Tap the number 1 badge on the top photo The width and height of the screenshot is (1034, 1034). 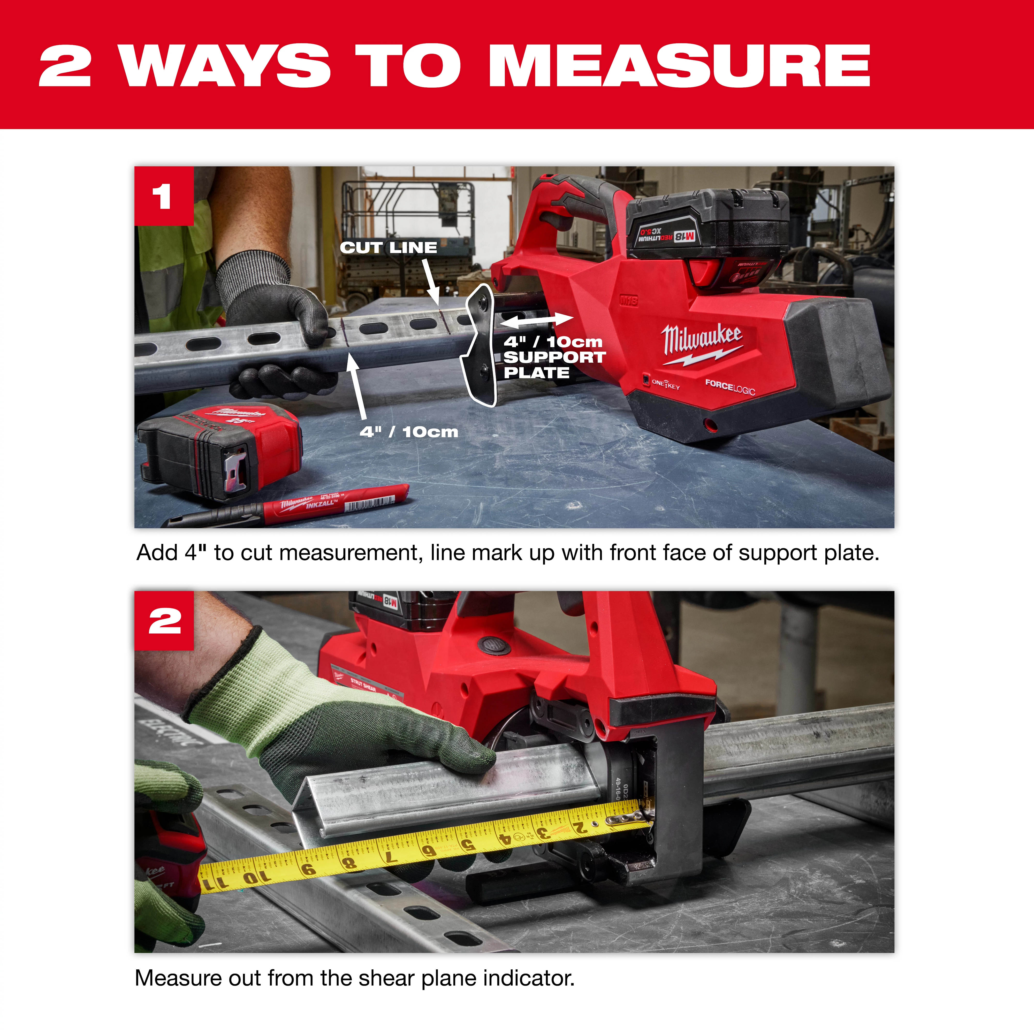pos(164,196)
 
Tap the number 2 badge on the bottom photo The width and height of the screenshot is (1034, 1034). pos(164,621)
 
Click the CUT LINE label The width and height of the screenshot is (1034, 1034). pos(389,248)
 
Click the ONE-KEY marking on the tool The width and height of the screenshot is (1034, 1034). pos(665,384)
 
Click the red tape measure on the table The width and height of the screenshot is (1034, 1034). pos(219,450)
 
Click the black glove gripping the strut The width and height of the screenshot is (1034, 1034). pos(278,310)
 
